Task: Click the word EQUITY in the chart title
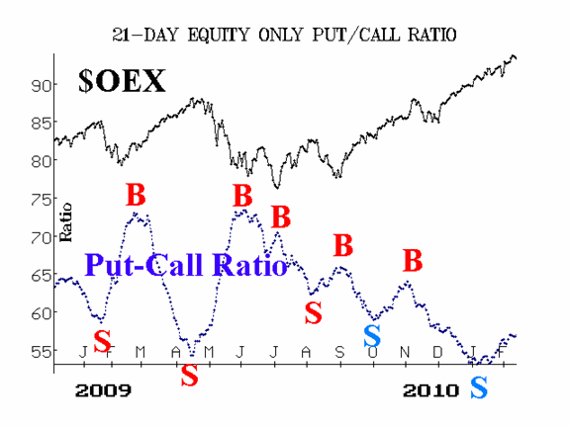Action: [x=218, y=35]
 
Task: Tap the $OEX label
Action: [x=122, y=81]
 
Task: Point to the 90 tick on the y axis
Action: [x=40, y=86]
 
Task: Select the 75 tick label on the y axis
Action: [x=40, y=200]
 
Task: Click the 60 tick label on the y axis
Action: [x=40, y=313]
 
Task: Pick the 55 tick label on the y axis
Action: [x=40, y=351]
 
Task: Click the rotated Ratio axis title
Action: [x=65, y=222]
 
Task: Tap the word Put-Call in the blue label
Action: [x=143, y=265]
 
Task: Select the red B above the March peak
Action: [x=136, y=195]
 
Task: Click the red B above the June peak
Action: [x=242, y=196]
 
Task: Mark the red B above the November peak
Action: [x=413, y=260]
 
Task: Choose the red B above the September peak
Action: [x=343, y=245]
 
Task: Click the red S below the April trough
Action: [x=190, y=375]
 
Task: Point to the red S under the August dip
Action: [x=313, y=312]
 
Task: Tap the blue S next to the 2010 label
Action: [x=479, y=387]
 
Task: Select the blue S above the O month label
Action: [x=372, y=336]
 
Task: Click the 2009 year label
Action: [x=103, y=390]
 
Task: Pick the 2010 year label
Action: [x=430, y=390]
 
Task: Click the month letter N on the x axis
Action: [x=405, y=352]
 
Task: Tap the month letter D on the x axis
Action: [x=437, y=352]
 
